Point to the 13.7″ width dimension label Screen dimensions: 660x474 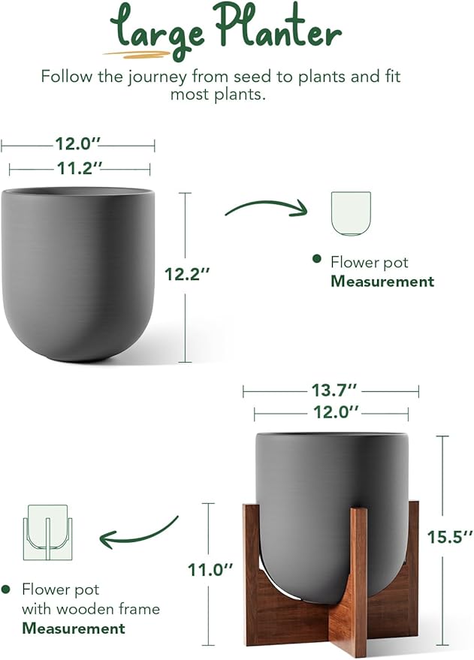[331, 390]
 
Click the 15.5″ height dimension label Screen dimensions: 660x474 [446, 537]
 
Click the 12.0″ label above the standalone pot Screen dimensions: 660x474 [78, 143]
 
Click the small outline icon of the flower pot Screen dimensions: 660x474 [352, 212]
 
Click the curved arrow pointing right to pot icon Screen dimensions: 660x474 [267, 207]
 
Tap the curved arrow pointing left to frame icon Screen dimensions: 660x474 [139, 532]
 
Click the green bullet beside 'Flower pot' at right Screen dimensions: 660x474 [316, 260]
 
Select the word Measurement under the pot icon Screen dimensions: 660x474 [382, 282]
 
